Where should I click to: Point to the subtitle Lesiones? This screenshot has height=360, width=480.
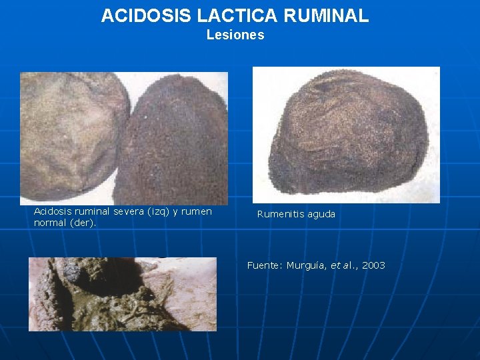[235, 35]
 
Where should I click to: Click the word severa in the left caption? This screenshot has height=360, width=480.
[131, 211]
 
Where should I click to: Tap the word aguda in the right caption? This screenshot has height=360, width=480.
[321, 214]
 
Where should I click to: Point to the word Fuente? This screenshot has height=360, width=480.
[264, 265]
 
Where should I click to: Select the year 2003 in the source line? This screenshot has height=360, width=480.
[373, 265]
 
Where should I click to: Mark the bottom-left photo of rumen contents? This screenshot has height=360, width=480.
[122, 294]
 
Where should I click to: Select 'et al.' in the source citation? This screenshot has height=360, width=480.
[344, 265]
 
